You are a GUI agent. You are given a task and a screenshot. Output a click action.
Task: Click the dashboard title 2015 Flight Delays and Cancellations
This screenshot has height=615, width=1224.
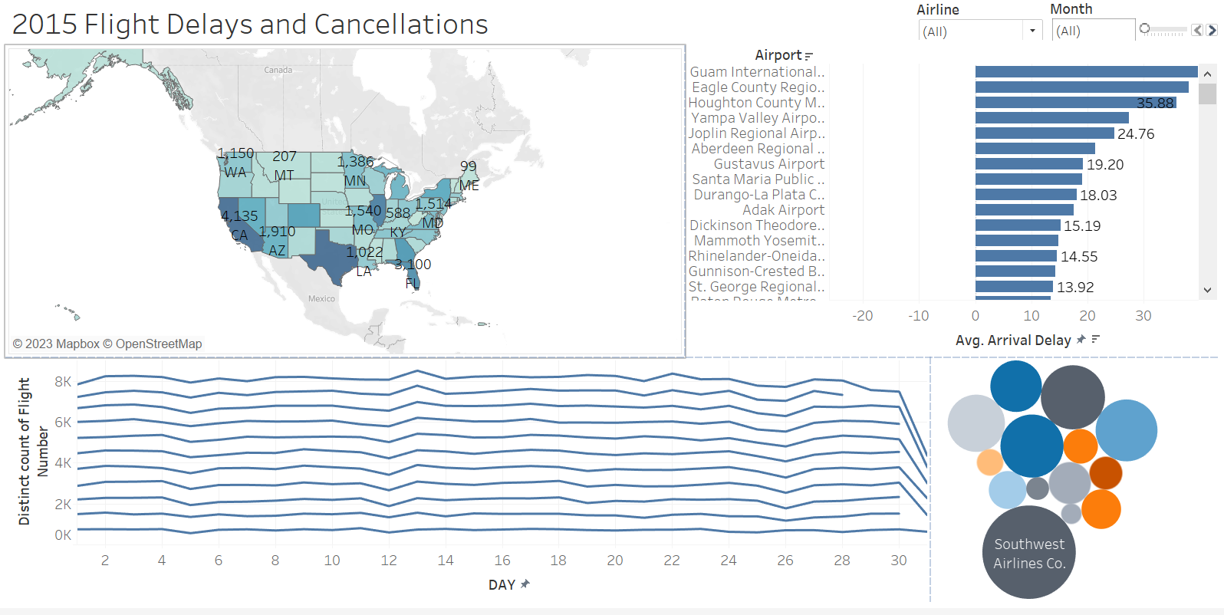pos(250,25)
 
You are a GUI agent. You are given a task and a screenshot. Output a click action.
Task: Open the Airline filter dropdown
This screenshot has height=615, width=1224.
pos(1032,31)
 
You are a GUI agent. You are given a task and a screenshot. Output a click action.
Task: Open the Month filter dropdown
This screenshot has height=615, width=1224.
pos(1092,31)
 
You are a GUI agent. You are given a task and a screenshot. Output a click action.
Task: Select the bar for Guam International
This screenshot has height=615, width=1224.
pos(1086,72)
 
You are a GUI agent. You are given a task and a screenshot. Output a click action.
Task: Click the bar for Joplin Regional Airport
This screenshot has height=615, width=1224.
pos(1044,133)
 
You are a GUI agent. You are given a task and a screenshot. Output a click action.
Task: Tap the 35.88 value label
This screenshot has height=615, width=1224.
pos(1155,104)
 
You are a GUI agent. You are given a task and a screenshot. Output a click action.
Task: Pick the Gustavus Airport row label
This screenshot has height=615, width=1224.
pos(768,164)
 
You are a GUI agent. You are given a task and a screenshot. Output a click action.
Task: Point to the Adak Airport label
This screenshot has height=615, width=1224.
pos(783,210)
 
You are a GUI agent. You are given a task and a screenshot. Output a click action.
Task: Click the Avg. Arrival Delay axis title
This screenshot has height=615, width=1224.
pos(1012,340)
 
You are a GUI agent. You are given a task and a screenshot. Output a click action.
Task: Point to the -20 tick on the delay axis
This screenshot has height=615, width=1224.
pos(862,316)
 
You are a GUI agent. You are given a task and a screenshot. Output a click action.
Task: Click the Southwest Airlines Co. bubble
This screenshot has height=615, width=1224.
pos(1029,553)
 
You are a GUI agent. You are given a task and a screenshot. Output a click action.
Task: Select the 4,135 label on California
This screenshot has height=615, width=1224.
pos(239,216)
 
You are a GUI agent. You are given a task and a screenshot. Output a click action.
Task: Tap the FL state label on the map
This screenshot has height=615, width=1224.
pos(412,284)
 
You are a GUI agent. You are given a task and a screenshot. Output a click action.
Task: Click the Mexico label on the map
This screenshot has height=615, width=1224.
pos(321,299)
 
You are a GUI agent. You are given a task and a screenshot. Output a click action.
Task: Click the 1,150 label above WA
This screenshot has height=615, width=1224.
pos(235,153)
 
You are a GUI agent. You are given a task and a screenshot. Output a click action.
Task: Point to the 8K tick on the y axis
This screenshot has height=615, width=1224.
pos(63,382)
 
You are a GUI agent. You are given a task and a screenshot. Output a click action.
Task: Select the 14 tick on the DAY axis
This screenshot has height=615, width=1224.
pos(446,561)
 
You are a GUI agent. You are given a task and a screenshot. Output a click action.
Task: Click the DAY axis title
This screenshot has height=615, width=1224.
pos(502,585)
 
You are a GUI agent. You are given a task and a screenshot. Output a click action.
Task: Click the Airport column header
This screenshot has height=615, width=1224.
pos(778,55)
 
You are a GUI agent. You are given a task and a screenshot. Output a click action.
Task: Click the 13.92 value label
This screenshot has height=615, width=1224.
pos(1075,288)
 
